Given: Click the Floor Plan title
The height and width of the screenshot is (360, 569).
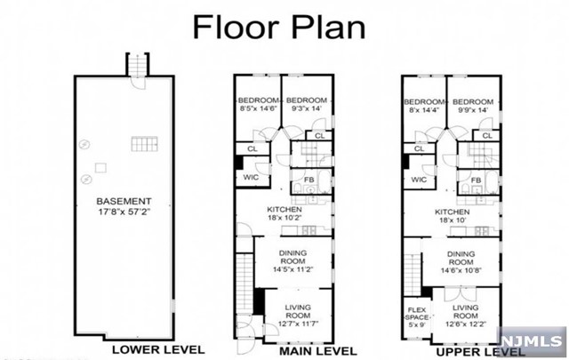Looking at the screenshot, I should pos(279,26).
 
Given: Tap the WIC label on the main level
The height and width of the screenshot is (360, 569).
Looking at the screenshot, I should pos(251,178).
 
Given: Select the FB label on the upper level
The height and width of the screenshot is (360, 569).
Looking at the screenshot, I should pos(477,180).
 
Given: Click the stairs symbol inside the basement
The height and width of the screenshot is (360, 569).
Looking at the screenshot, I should pos(142,145).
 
